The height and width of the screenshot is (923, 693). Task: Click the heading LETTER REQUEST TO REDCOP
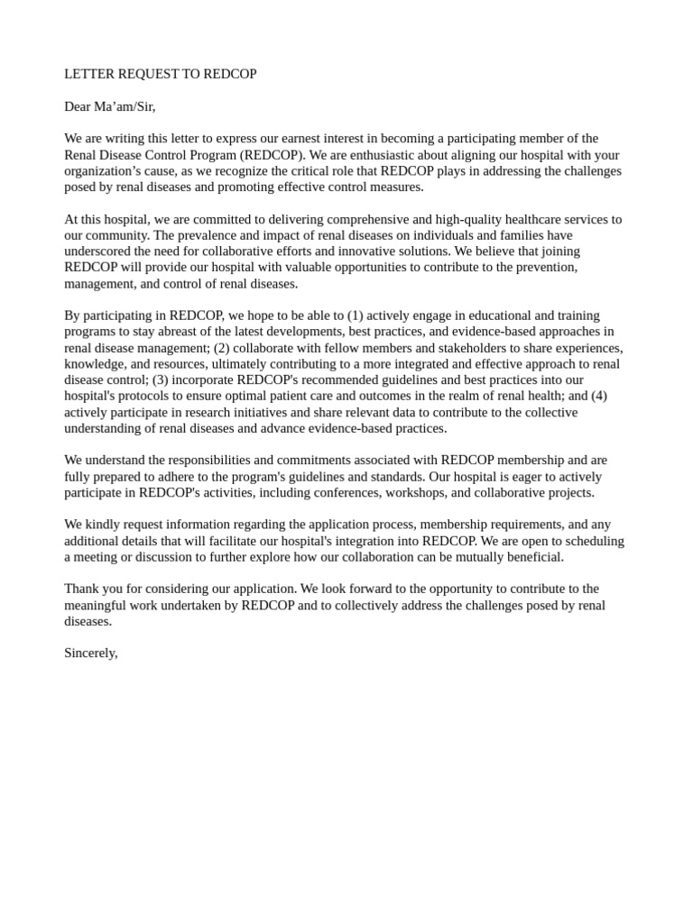[x=161, y=74]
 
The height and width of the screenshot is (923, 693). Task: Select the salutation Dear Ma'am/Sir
[x=110, y=106]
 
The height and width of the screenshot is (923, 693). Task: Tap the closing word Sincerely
[x=91, y=653]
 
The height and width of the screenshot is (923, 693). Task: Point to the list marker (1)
[x=356, y=315]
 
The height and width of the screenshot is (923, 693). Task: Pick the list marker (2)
[x=223, y=348]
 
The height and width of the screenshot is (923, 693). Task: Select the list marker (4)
[x=599, y=396]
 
